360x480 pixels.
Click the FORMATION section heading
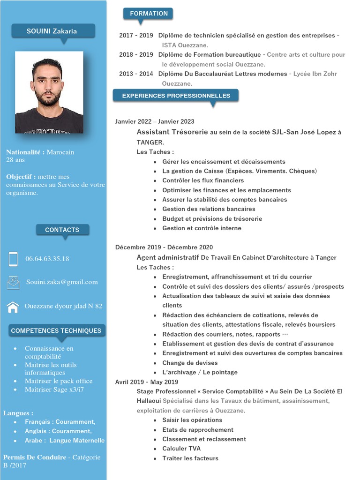[x=149, y=14]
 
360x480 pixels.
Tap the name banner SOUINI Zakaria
[x=52, y=31]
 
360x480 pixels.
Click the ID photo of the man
[x=49, y=92]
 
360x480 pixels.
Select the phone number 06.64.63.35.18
[x=47, y=259]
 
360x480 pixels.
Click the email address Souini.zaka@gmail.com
[x=62, y=282]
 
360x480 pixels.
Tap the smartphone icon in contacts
[x=13, y=259]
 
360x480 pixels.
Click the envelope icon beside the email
[x=13, y=282]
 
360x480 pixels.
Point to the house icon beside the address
[x=13, y=307]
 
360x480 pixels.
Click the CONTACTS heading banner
[x=62, y=230]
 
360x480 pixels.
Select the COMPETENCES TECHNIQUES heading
[x=56, y=330]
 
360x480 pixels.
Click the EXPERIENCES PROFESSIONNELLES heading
[x=176, y=96]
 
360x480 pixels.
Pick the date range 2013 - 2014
[x=136, y=74]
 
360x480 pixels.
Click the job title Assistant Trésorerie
[x=172, y=132]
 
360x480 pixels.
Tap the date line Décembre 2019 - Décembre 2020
[x=164, y=247]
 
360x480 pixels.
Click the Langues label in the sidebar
[x=18, y=413]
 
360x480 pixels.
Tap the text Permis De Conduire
[x=35, y=457]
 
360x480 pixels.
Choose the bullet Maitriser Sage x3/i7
[x=54, y=390]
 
